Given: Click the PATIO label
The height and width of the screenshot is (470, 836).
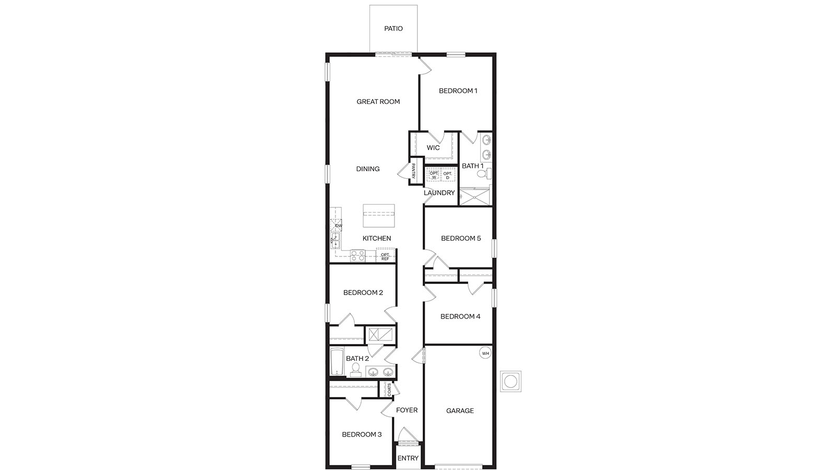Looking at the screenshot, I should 393,29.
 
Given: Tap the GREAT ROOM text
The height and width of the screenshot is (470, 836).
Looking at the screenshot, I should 378,102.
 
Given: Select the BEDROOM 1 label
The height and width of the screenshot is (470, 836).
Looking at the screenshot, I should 458,91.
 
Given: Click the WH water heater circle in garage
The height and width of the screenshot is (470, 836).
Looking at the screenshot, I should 485,354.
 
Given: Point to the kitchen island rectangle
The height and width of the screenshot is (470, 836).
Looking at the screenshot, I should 379,215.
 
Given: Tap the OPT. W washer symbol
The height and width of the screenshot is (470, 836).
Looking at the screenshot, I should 434,175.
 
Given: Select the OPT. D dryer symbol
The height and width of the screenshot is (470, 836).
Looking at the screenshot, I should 448,175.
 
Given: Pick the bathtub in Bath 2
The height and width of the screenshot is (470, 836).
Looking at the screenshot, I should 336,362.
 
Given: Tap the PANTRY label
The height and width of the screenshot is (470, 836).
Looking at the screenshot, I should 413,171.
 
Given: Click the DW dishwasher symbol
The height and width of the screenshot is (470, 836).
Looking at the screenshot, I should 336,226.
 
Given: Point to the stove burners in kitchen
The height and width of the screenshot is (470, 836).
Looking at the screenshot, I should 357,255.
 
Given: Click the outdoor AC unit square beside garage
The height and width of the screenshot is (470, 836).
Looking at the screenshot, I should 510,381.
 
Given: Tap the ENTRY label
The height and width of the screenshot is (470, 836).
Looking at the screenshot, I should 408,459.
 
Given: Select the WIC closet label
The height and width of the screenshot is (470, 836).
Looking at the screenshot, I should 433,148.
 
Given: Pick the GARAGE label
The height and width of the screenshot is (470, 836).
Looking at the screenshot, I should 460,411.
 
